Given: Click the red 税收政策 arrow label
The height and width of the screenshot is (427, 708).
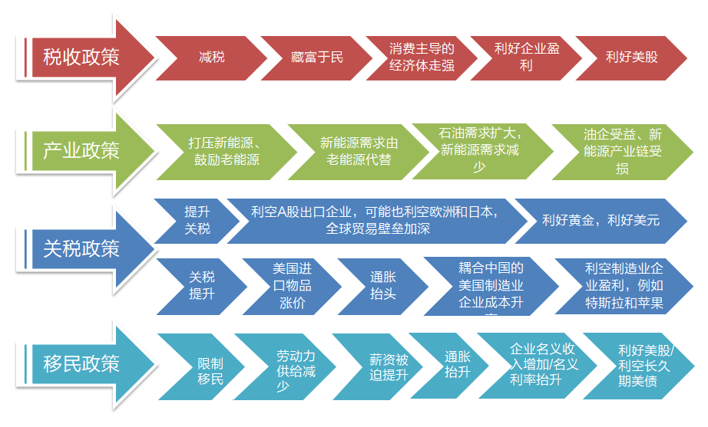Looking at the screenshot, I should pos(81,57).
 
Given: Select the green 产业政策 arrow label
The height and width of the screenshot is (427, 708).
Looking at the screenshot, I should pos(81,149).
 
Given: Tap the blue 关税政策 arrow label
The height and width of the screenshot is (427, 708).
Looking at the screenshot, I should pos(81,248).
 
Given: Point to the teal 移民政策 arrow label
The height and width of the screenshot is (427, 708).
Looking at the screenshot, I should pos(81,363).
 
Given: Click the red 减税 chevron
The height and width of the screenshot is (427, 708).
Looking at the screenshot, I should pos(211,57).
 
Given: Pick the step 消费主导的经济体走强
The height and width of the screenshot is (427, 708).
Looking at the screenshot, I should pos(422,57).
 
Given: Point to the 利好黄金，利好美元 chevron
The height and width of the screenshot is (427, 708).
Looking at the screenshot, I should pos(600,220).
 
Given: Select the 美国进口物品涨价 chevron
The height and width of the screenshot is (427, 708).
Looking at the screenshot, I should pos(293,285).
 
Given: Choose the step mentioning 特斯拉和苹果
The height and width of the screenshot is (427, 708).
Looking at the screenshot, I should pos(624,285).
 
